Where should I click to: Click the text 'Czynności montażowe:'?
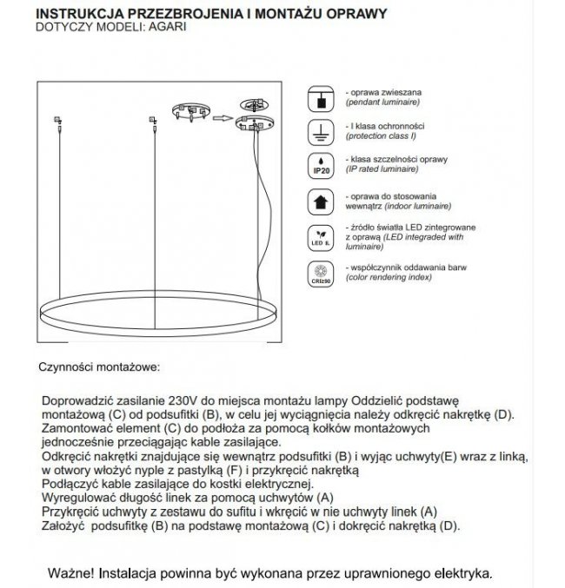point(98,367)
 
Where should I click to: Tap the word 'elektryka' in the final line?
point(464,574)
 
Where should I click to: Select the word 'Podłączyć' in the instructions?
point(70,483)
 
